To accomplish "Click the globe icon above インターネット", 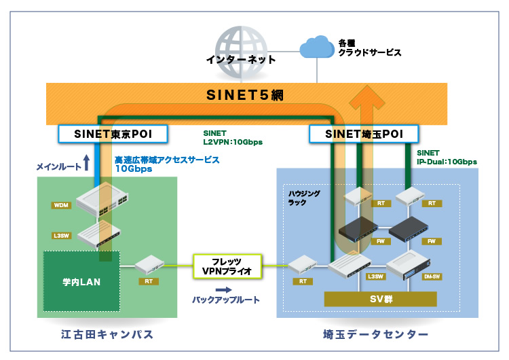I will pyautogui.click(x=242, y=35).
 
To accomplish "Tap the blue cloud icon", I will pyautogui.click(x=317, y=48).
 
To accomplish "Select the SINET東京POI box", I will pyautogui.click(x=113, y=134).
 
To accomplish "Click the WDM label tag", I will pyautogui.click(x=61, y=205).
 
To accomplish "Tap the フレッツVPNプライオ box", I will pyautogui.click(x=227, y=266).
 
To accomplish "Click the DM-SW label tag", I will pyautogui.click(x=429, y=277).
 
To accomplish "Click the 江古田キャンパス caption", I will pyautogui.click(x=106, y=335).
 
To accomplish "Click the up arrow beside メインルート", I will pyautogui.click(x=86, y=162).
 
